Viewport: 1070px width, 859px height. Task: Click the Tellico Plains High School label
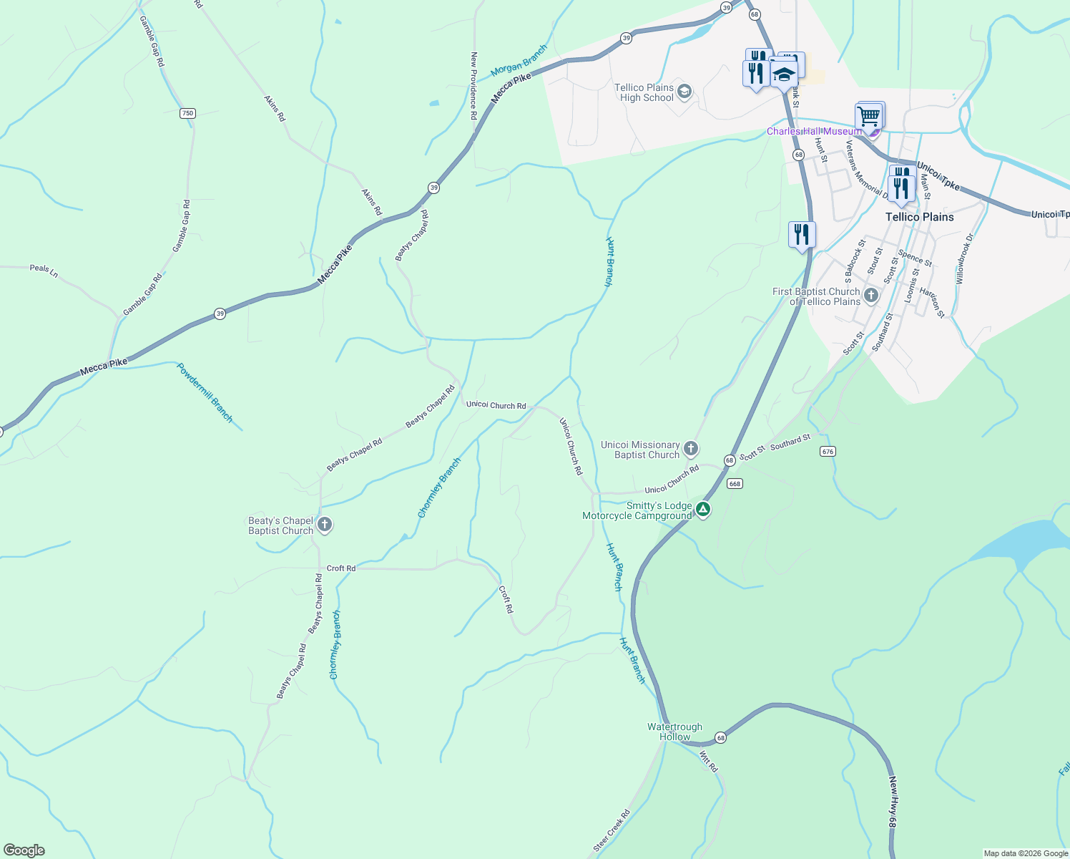(644, 92)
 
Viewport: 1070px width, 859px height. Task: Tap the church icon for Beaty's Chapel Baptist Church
(324, 525)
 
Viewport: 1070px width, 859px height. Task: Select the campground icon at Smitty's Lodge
(703, 510)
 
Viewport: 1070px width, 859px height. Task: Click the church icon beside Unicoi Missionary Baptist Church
(690, 449)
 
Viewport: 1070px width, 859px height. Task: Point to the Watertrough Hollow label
(674, 732)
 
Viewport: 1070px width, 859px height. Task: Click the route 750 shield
(187, 113)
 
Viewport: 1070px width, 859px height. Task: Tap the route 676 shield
(828, 451)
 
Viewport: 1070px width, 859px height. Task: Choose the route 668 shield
(735, 483)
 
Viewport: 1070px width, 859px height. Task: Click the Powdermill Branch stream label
(205, 392)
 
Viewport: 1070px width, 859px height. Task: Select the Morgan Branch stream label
(519, 61)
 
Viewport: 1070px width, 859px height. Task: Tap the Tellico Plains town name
(919, 217)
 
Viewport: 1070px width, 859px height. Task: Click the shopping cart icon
(868, 116)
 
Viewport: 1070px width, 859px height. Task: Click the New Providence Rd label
(473, 85)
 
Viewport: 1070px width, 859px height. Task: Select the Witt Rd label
(708, 761)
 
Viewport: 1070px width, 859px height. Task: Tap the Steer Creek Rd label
(612, 830)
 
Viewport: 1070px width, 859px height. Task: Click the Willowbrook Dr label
(965, 258)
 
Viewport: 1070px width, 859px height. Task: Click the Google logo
(24, 850)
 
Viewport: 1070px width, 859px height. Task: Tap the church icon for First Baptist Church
(870, 296)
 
